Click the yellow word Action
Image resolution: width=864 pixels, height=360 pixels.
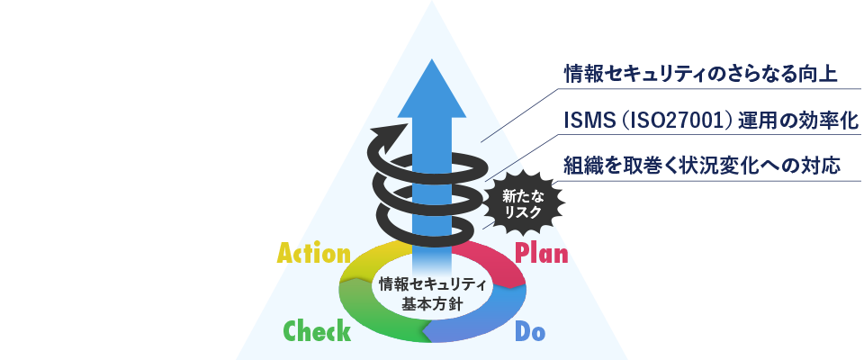313,254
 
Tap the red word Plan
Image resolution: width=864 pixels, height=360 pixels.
541,254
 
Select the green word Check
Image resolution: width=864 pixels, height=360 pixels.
317,331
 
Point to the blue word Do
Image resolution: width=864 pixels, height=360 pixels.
529,331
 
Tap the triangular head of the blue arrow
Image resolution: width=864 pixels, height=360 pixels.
432,88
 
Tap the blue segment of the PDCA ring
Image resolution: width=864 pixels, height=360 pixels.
485,319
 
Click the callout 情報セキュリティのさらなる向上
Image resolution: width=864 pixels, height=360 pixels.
701,75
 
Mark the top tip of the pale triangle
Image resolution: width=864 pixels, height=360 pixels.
432,1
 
